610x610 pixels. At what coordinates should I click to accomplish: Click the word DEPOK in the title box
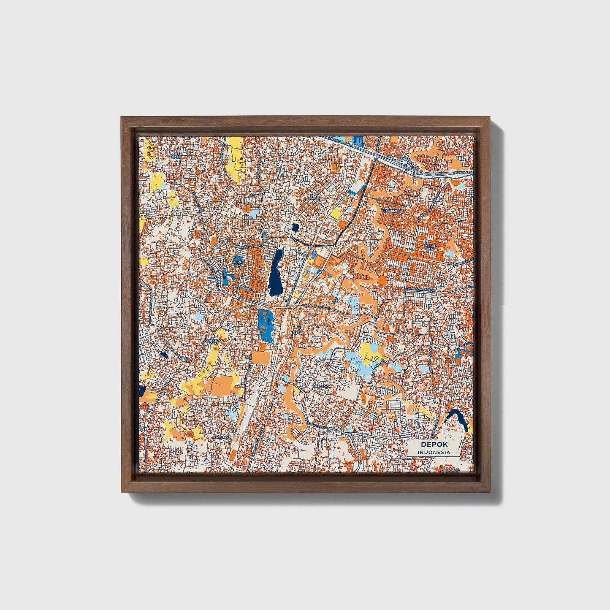pos(434,445)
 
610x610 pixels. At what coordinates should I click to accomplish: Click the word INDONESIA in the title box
pos(434,452)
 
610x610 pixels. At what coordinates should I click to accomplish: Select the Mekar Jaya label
pos(430,247)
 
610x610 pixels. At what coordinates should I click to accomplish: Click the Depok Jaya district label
pos(239,263)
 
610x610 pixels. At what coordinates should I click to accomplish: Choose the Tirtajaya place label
pos(321,386)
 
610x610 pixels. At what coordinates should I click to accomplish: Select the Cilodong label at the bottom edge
pos(450,470)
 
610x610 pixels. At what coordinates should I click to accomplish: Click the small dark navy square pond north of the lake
pos(295,228)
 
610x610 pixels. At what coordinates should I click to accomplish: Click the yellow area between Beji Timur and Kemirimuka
pos(336,214)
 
